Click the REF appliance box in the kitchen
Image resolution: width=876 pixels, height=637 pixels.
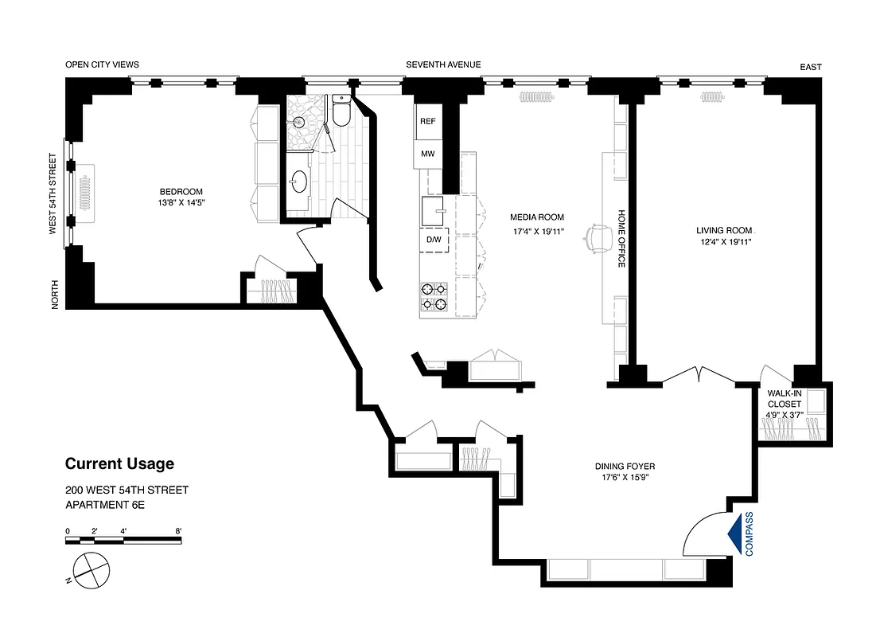(x=428, y=122)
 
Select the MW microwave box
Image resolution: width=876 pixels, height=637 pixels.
(x=428, y=154)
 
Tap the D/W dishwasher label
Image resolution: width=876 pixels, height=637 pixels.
(x=434, y=240)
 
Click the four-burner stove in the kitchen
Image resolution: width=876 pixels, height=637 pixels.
(x=435, y=296)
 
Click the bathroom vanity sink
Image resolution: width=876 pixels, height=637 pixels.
(x=299, y=181)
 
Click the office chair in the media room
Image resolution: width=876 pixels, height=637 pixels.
(x=598, y=237)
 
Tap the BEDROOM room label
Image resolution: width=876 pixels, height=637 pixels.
(x=181, y=191)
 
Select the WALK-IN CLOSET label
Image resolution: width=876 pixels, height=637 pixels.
(x=784, y=398)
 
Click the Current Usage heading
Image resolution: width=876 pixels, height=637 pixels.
(x=119, y=464)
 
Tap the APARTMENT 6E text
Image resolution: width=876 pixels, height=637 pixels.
(x=105, y=505)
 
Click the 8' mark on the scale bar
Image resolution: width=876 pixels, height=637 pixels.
(x=179, y=531)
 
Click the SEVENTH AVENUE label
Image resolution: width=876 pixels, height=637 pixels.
(x=442, y=65)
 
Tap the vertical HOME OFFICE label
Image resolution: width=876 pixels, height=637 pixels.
(x=622, y=239)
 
